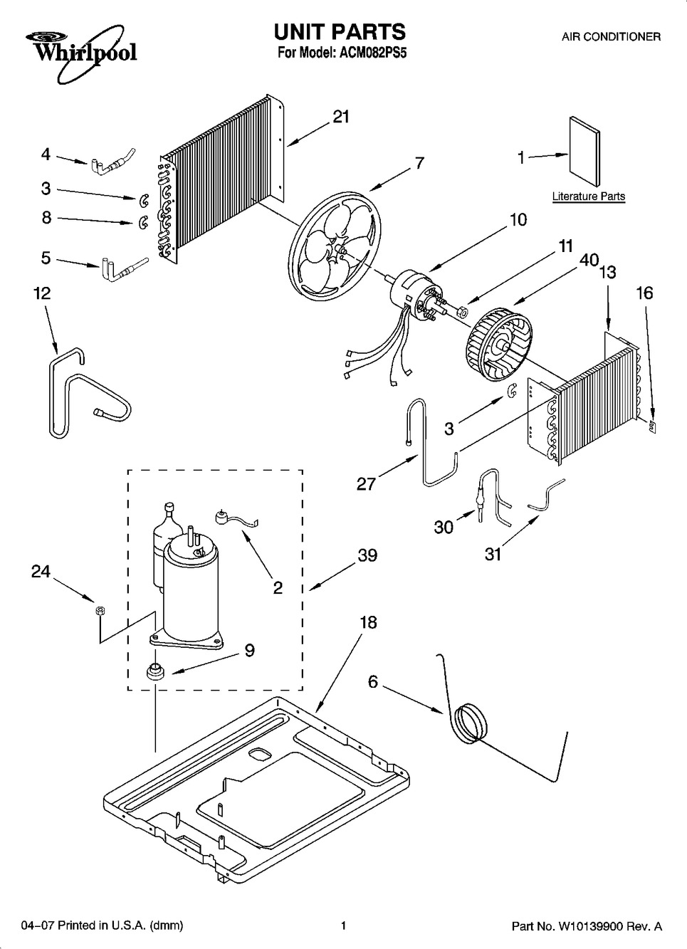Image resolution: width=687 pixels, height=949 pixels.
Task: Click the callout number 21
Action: [x=341, y=116]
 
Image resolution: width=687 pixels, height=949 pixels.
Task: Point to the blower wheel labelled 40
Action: [x=498, y=347]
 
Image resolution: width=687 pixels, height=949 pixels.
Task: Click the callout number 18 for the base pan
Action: [x=368, y=622]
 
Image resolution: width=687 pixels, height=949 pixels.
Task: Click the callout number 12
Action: [x=42, y=293]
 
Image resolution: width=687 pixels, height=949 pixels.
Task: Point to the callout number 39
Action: [x=367, y=555]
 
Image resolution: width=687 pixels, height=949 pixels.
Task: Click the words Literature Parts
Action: [x=589, y=196]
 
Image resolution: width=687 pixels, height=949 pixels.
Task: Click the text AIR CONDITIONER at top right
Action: [x=611, y=37]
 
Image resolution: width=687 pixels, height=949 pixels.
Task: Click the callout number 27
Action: [x=366, y=483]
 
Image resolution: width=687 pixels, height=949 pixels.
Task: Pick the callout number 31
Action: [x=493, y=553]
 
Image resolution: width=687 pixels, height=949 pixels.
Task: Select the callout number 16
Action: [x=644, y=293]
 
